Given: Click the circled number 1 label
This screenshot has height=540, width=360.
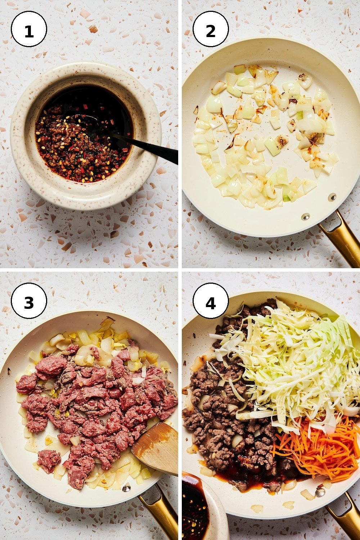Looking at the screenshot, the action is (x=29, y=29).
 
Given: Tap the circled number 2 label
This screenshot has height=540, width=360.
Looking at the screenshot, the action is (x=211, y=29).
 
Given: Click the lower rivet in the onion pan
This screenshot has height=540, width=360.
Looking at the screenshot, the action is (x=306, y=216).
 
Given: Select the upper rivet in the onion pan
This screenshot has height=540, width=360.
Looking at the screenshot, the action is (x=332, y=197).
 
